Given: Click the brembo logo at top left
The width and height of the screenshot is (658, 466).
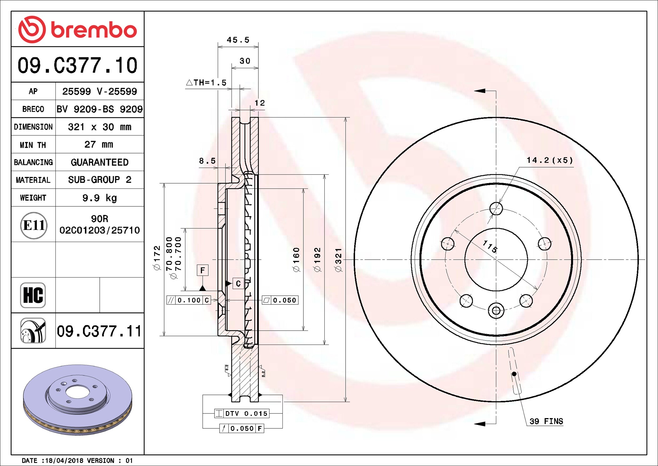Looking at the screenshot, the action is [x=78, y=29].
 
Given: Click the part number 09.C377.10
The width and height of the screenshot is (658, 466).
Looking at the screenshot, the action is [x=78, y=65].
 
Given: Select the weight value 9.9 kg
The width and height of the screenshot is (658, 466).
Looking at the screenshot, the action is [x=99, y=198].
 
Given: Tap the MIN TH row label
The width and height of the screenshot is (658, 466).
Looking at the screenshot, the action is [x=33, y=145].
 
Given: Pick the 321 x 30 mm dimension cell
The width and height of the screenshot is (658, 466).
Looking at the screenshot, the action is [x=99, y=127].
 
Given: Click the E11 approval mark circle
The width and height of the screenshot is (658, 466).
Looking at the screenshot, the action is [x=34, y=225].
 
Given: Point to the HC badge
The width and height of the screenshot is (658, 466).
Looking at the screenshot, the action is [x=33, y=295].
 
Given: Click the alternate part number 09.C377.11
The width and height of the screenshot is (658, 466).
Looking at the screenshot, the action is [x=99, y=331].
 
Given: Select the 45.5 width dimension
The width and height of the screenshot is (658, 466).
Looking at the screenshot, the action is [x=238, y=40].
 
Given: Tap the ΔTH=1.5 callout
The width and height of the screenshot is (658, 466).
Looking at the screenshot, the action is [x=206, y=83].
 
